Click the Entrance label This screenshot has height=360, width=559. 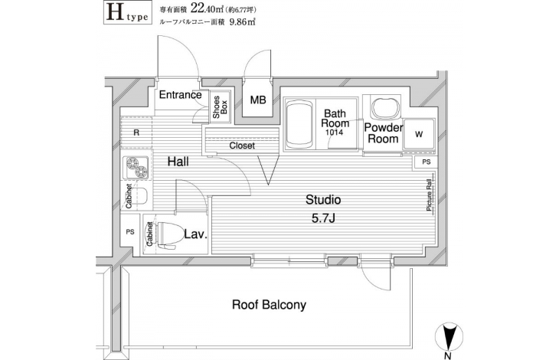(x=180, y=95)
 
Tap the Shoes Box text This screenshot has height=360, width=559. (x=220, y=107)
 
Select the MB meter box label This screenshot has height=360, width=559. (x=258, y=100)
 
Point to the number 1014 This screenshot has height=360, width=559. (x=334, y=133)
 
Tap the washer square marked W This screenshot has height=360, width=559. (x=419, y=134)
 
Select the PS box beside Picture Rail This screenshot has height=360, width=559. (x=426, y=162)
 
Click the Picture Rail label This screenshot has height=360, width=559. (x=430, y=194)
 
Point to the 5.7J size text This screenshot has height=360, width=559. (x=323, y=218)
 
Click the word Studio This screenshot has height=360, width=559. (x=323, y=200)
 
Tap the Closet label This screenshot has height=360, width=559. (x=242, y=146)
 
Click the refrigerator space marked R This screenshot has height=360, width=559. (x=136, y=133)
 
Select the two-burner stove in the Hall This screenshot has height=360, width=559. (x=137, y=168)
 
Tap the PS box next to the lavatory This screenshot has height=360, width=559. (x=130, y=231)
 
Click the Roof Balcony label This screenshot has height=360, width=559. (x=269, y=305)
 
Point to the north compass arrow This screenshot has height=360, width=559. (x=449, y=337)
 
